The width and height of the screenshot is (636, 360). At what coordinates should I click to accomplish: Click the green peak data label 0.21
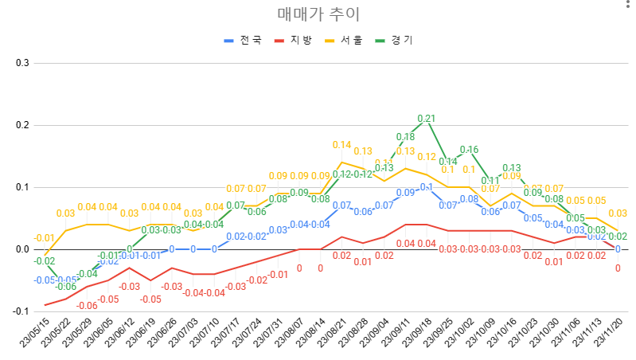coord(427,119)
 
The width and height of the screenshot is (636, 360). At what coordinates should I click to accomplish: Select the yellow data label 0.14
coord(341,145)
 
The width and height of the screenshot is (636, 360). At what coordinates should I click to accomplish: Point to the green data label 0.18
coord(405,137)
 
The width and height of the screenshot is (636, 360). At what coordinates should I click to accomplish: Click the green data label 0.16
coord(469,150)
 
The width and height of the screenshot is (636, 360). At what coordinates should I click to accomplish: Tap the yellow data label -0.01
coord(44,238)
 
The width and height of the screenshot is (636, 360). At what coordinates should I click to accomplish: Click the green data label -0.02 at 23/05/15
coord(45,261)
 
